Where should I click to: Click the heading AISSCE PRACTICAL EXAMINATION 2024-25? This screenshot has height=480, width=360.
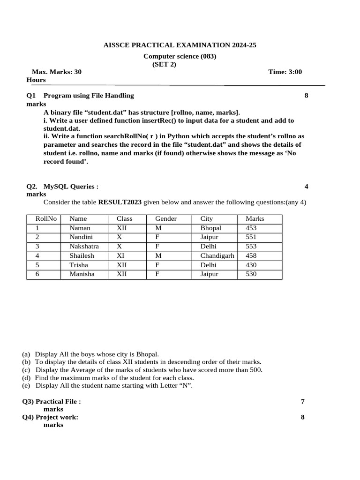(x=180, y=45)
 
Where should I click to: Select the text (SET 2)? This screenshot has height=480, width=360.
(x=164, y=65)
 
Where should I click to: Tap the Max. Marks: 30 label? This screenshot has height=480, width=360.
(x=56, y=72)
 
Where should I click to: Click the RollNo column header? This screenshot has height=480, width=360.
(x=46, y=219)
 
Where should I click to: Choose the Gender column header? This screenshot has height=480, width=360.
(x=166, y=219)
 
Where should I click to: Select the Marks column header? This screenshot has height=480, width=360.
(x=255, y=219)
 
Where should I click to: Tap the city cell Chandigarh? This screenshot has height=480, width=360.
(x=217, y=256)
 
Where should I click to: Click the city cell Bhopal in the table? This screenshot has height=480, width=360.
(x=211, y=228)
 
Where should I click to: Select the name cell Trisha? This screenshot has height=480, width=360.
(x=79, y=265)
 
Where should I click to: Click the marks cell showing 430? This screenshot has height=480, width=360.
(x=251, y=265)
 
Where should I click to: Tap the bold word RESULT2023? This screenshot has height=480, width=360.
(x=120, y=202)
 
